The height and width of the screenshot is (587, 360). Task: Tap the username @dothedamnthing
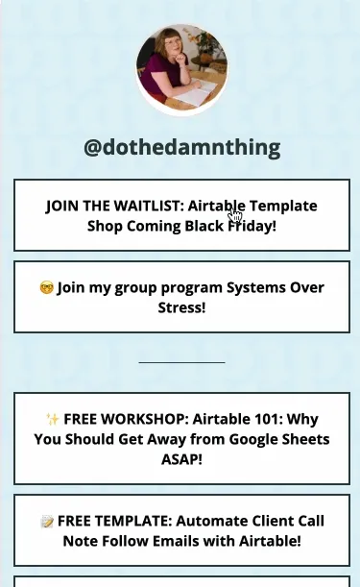[x=181, y=148]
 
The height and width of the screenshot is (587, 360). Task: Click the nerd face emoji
[x=46, y=288]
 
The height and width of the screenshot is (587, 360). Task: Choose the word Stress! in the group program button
[x=181, y=308]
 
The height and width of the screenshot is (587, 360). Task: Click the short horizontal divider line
[x=181, y=362]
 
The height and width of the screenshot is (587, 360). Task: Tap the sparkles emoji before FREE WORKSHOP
[x=53, y=420]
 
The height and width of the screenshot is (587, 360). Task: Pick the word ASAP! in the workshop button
[x=181, y=460]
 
